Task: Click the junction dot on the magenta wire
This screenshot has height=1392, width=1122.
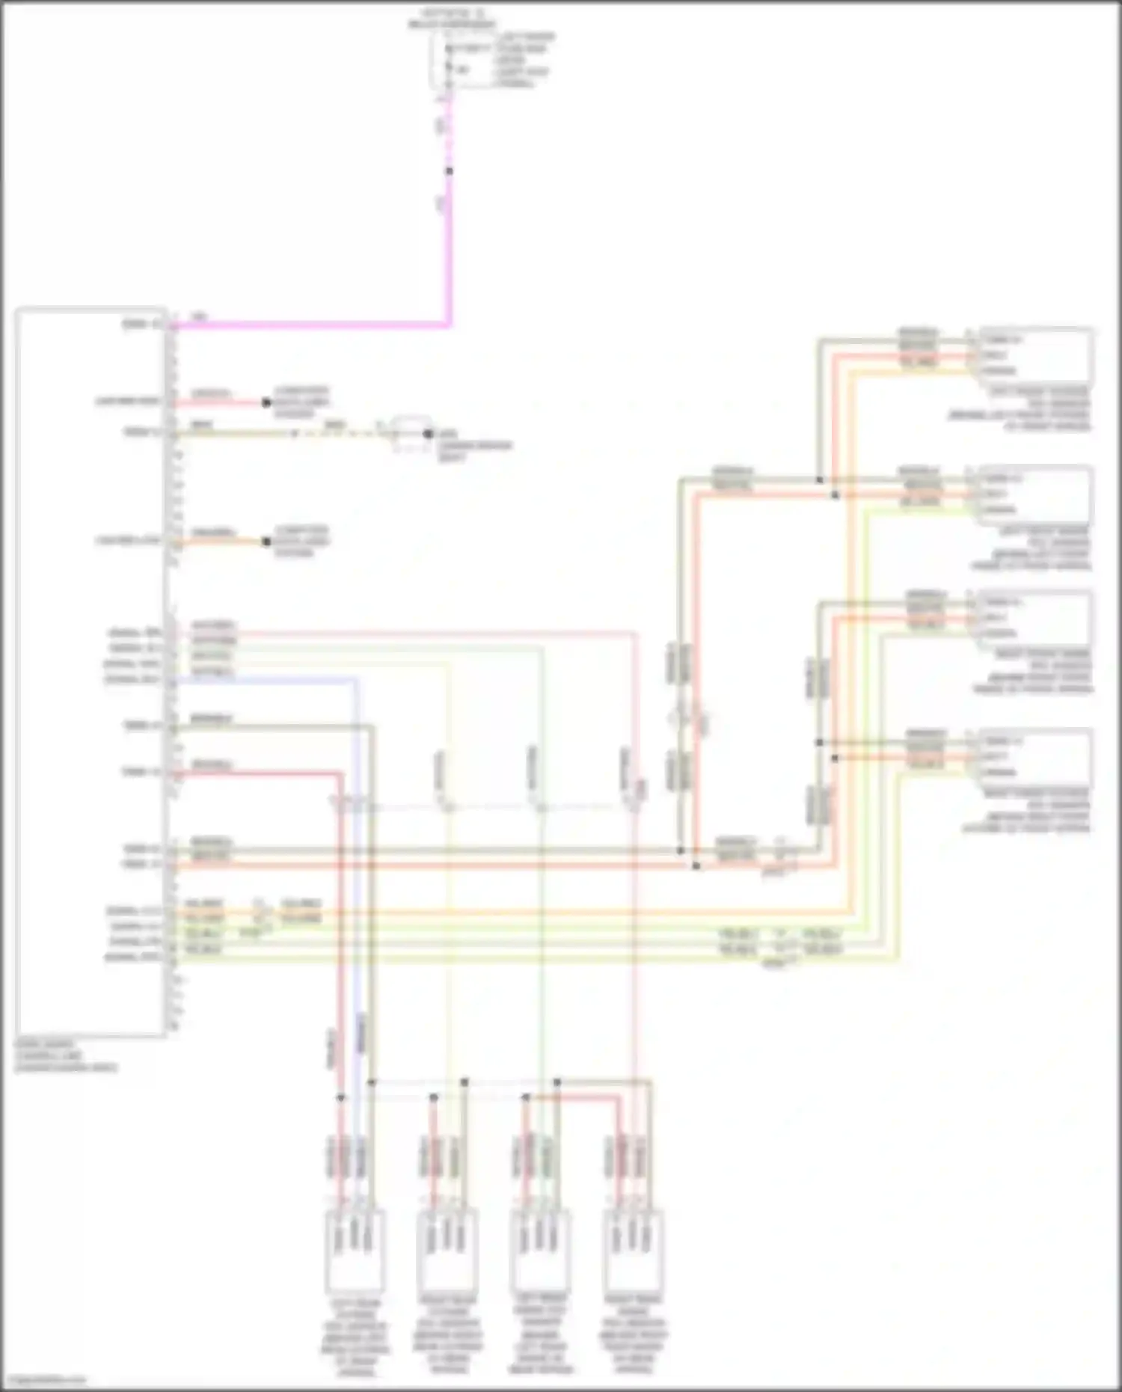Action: (449, 171)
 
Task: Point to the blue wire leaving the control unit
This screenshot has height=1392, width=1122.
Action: (356, 823)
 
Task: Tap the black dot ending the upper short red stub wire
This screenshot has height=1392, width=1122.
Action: (266, 402)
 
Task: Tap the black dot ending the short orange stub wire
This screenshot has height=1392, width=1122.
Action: (266, 541)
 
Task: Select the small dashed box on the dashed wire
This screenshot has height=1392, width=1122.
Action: (408, 434)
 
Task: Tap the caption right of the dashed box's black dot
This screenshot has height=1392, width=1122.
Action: (475, 445)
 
